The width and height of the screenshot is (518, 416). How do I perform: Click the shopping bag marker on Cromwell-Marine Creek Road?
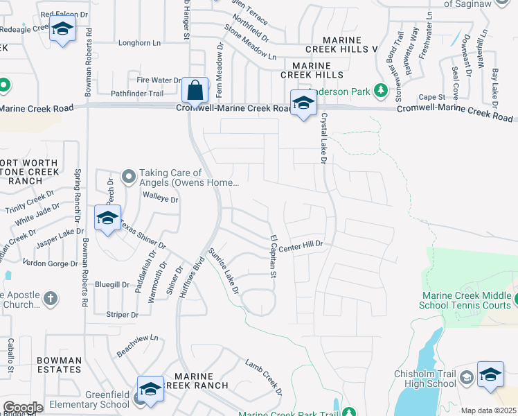click(196, 91)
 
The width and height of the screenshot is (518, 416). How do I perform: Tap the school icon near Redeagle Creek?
click(62, 30)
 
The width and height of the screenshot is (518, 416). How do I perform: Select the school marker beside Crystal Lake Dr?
click(303, 104)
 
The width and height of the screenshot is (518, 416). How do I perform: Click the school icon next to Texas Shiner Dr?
click(107, 218)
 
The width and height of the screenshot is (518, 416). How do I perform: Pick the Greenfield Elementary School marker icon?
click(150, 390)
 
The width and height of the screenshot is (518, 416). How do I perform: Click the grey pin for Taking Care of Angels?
click(129, 177)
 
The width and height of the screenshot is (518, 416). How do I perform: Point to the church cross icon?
click(50, 299)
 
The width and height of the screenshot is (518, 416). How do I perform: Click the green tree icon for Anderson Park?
click(379, 90)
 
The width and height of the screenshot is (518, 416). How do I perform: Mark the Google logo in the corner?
click(23, 407)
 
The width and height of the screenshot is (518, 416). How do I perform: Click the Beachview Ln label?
click(138, 346)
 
